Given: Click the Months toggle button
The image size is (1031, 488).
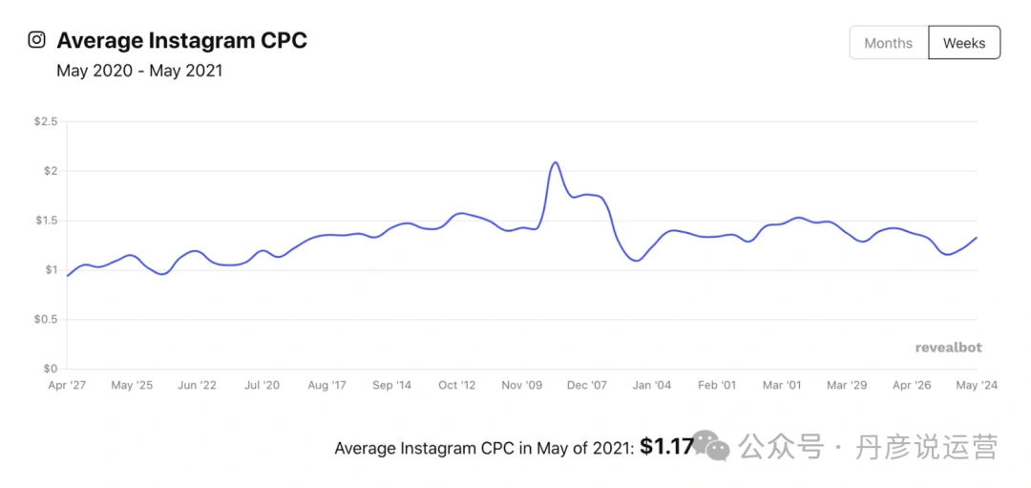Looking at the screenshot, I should [888, 43].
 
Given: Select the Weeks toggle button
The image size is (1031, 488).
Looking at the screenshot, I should [963, 43].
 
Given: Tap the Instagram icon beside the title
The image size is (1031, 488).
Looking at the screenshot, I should [36, 40].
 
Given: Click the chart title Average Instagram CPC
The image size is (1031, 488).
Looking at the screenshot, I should [181, 41].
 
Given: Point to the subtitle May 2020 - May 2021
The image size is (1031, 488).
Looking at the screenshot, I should [139, 71].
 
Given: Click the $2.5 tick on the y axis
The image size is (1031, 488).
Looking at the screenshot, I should [45, 121].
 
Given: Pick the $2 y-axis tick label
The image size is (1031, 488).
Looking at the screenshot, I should [50, 171].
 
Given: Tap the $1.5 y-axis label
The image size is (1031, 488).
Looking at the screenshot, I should [45, 221].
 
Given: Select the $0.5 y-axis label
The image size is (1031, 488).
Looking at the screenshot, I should [45, 319].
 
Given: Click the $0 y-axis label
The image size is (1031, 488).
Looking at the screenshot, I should [50, 369].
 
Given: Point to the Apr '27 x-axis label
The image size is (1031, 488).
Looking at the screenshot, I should [67, 386].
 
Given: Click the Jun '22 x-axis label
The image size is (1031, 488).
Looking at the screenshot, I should [197, 386].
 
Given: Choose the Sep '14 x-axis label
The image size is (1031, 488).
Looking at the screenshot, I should [391, 386].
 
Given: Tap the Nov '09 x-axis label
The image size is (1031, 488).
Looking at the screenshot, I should [522, 386].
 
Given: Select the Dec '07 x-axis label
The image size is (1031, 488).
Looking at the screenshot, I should [587, 386].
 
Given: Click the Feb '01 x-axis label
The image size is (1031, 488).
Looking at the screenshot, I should [717, 386].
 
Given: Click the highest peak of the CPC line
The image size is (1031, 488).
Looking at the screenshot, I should [556, 162].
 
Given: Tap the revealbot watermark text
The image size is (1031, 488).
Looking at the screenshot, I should [948, 348].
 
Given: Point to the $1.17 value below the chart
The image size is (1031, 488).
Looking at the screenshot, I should [665, 446].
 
